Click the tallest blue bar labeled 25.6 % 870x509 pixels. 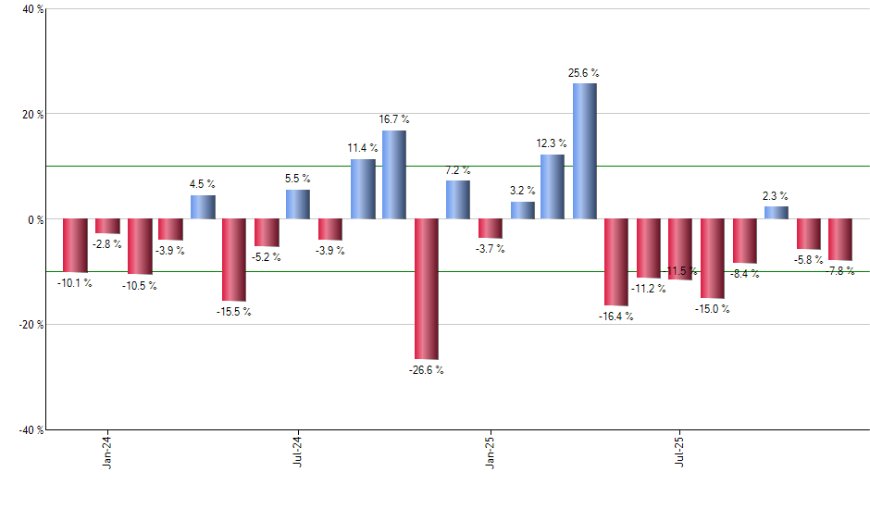coord(585,151)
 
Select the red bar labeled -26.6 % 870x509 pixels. coord(427,289)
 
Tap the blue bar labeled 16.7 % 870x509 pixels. coord(394,175)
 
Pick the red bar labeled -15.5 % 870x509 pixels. coord(234,260)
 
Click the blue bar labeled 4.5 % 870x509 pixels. coord(203,207)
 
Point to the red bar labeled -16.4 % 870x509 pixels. coord(616,262)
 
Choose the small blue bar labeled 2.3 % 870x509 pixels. coord(777,213)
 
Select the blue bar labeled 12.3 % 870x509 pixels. coord(553,187)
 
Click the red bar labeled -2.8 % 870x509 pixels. coord(107,226)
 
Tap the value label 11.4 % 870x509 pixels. coord(363,148)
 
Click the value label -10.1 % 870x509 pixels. coord(76,283)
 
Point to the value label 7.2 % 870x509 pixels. coord(458,170)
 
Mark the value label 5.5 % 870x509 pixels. coord(298,179)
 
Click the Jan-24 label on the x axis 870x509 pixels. coord(108,451)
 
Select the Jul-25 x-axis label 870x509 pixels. coord(680,451)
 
